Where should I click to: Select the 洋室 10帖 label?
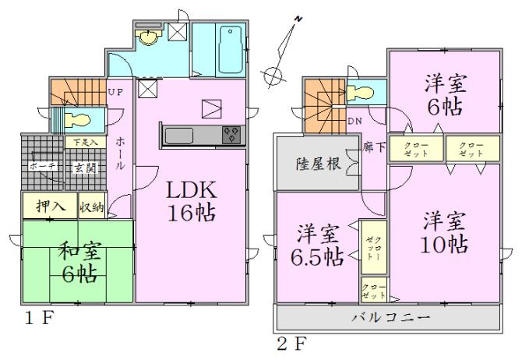[x=445, y=231]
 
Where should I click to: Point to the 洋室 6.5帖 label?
[x=319, y=243]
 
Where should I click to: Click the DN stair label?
[x=354, y=122]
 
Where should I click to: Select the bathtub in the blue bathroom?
[x=230, y=41]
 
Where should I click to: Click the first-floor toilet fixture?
[x=76, y=121]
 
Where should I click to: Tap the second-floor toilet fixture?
[x=361, y=94]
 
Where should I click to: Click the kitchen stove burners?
[x=231, y=134]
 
